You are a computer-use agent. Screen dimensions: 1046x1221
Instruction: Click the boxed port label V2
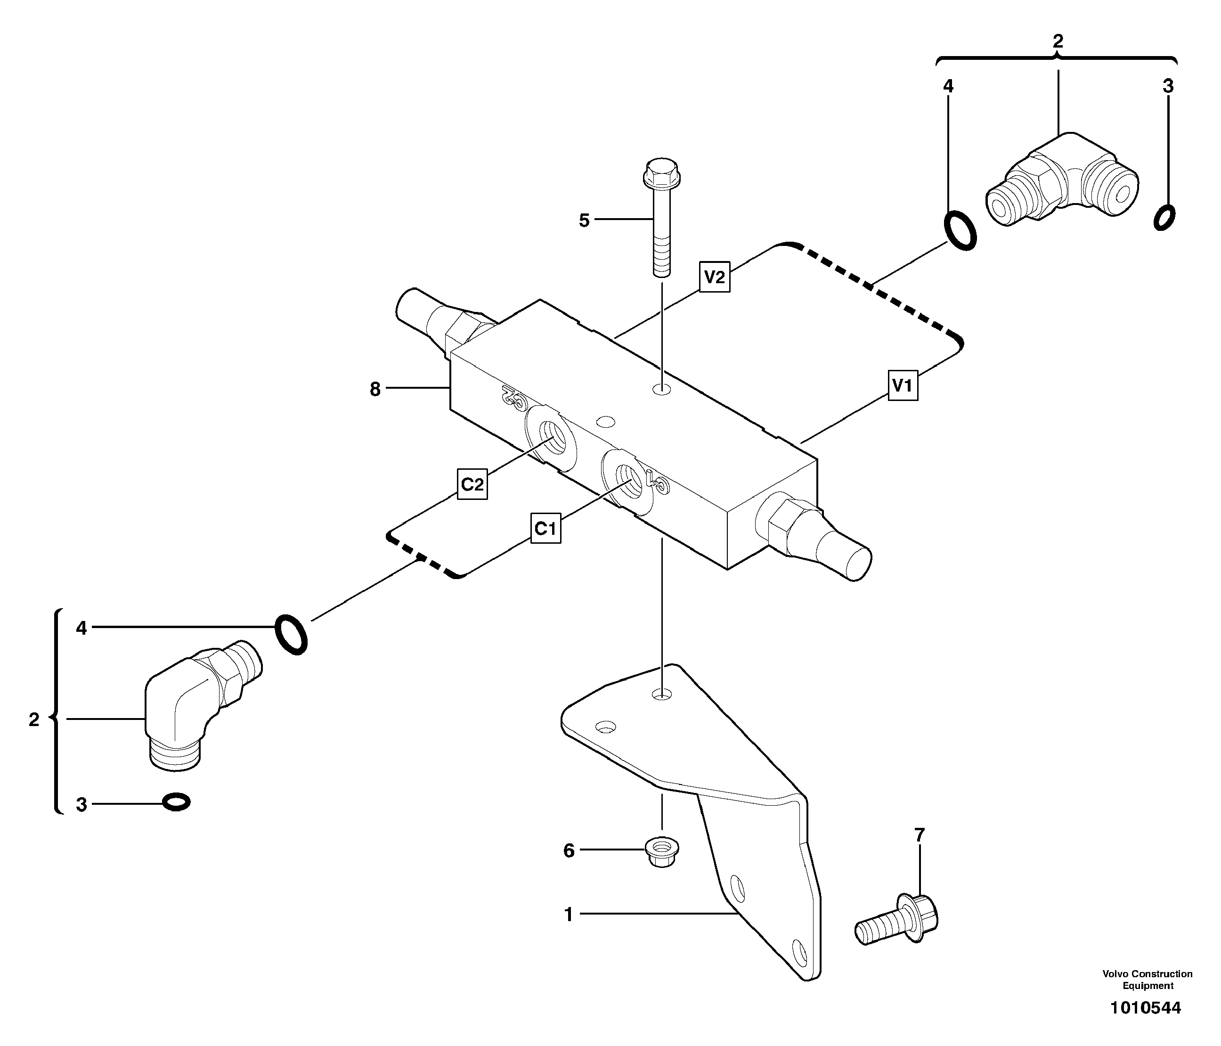pyautogui.click(x=715, y=277)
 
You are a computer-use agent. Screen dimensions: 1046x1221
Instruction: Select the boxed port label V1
pyautogui.click(x=902, y=385)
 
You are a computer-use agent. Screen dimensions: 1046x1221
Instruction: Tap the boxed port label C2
pyautogui.click(x=472, y=484)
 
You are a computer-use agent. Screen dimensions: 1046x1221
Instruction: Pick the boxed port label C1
pyautogui.click(x=545, y=529)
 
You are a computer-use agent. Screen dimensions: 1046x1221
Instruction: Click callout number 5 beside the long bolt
pyautogui.click(x=584, y=221)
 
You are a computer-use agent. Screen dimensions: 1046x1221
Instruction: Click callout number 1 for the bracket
pyautogui.click(x=569, y=915)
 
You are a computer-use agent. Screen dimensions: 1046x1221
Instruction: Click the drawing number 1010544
pyautogui.click(x=1146, y=1008)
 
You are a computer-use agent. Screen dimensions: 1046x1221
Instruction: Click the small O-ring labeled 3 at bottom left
pyautogui.click(x=176, y=802)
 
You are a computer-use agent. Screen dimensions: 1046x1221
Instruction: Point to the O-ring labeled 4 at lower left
pyautogui.click(x=291, y=634)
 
